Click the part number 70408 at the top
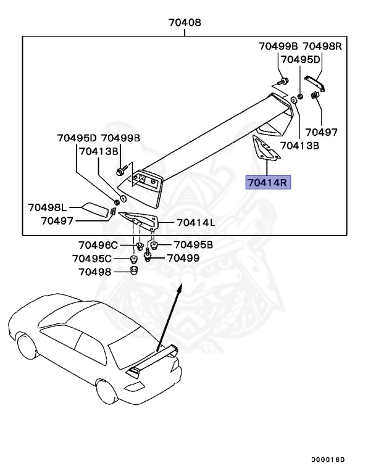tap(185, 23)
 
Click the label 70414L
tap(195, 222)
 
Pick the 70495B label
tap(193, 244)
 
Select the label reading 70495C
tap(92, 258)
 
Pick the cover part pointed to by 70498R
tap(314, 83)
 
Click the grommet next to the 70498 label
tap(133, 271)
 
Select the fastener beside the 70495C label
tap(133, 258)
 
